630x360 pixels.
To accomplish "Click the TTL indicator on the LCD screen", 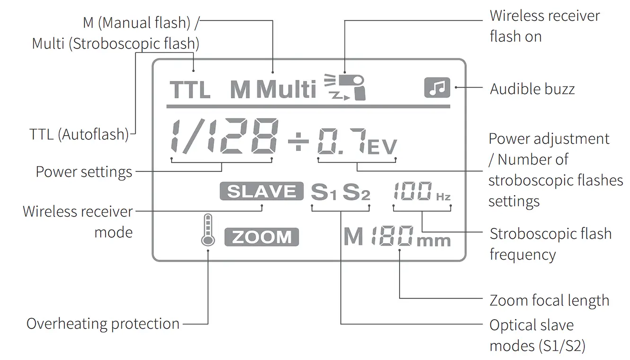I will pyautogui.click(x=190, y=89).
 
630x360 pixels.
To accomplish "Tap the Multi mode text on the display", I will pyautogui.click(x=287, y=89).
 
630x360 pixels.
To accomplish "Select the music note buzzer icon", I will pyautogui.click(x=437, y=88).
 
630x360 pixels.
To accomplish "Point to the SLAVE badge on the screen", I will pyautogui.click(x=261, y=191).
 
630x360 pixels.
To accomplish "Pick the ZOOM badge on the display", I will pyautogui.click(x=262, y=237).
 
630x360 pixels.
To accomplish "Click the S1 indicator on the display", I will pyautogui.click(x=324, y=192).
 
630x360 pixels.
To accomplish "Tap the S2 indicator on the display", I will pyautogui.click(x=356, y=192).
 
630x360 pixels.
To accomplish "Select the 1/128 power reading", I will pyautogui.click(x=223, y=137).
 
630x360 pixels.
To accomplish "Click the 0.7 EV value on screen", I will pyautogui.click(x=357, y=141).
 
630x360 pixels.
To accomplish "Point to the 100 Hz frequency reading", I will pyautogui.click(x=421, y=192).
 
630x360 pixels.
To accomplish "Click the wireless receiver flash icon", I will pyautogui.click(x=345, y=87).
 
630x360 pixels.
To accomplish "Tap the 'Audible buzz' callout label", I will pyautogui.click(x=532, y=88).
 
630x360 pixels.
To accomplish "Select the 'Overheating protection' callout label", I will pyautogui.click(x=103, y=324).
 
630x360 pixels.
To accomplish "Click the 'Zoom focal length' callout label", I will pyautogui.click(x=549, y=300).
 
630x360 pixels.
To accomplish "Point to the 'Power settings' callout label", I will pyautogui.click(x=84, y=171).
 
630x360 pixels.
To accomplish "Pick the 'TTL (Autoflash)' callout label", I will pyautogui.click(x=79, y=134).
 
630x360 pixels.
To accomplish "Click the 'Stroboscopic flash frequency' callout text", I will pyautogui.click(x=551, y=244).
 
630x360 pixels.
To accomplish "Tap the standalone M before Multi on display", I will pyautogui.click(x=240, y=89).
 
